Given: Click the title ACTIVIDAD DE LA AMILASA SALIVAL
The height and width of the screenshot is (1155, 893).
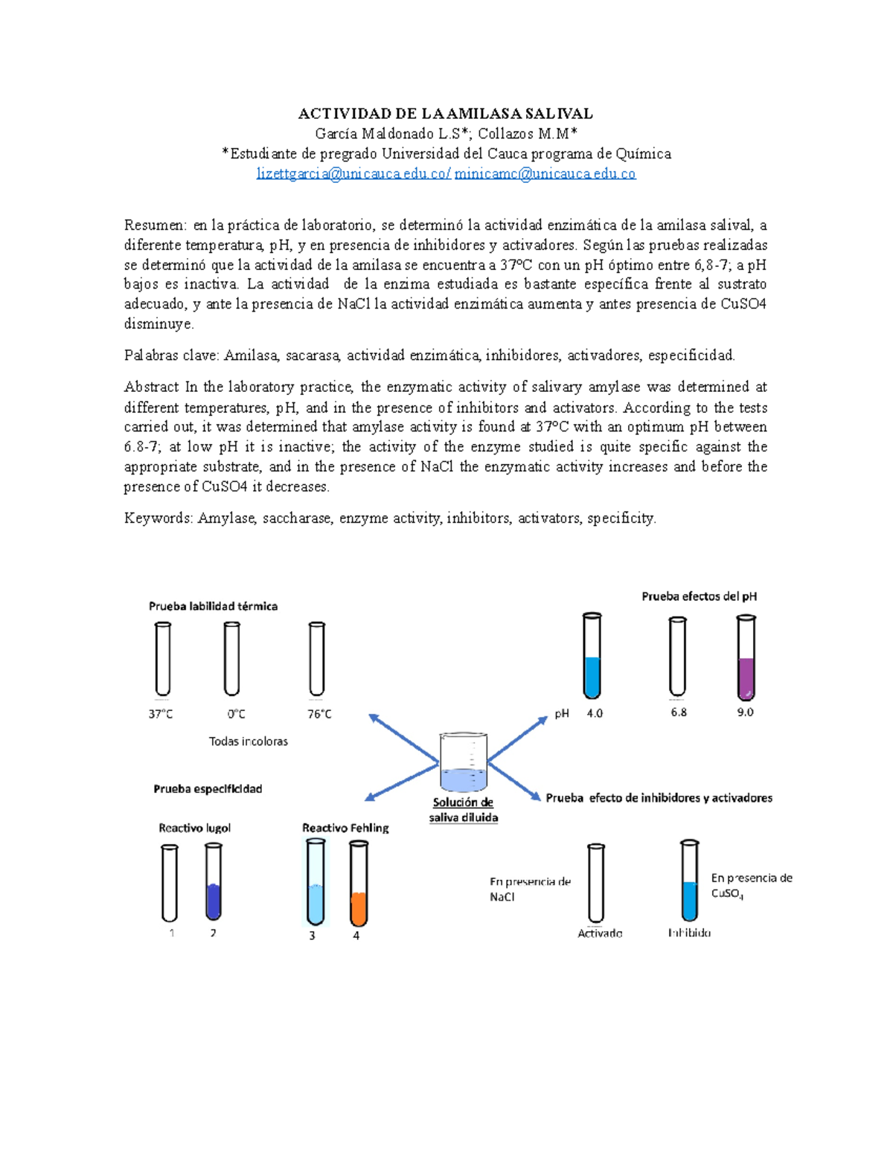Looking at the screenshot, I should coord(445,114).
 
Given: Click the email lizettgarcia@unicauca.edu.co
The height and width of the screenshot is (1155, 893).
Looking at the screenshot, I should coord(353,174).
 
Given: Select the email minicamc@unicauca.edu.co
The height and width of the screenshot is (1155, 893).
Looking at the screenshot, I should coord(545,174).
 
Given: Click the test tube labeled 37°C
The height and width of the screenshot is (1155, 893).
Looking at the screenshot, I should coord(162,659).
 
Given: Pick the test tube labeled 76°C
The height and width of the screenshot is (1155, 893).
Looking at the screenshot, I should coord(317,659).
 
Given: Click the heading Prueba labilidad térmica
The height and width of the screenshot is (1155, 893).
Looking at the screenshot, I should coord(213,606).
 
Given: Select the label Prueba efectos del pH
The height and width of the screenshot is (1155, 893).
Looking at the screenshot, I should coord(699,596).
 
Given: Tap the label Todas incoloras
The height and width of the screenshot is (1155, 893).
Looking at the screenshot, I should coord(248,741).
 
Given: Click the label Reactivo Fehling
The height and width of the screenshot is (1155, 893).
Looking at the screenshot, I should coord(345,828).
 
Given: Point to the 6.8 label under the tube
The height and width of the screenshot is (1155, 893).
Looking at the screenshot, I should coord(679,712).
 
